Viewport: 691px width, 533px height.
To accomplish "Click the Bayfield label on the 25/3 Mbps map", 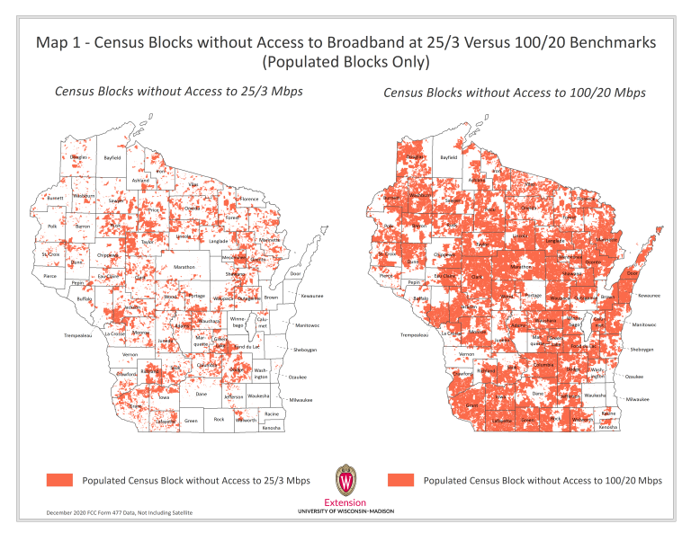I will click(x=112, y=157).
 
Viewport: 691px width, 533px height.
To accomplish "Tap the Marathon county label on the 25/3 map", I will click(x=184, y=267).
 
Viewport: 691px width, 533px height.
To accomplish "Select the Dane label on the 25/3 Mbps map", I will click(x=202, y=394).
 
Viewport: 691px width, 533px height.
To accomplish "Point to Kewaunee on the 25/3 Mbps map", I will click(x=311, y=296).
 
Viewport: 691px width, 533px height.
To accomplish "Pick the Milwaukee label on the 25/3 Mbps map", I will click(x=300, y=399).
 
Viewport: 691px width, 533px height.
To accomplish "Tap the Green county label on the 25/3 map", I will click(x=191, y=421).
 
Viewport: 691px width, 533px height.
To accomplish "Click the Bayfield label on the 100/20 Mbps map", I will click(x=448, y=157).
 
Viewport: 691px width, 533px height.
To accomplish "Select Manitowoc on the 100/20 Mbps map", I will click(x=646, y=324).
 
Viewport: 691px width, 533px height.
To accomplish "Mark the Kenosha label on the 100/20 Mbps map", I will click(x=609, y=427).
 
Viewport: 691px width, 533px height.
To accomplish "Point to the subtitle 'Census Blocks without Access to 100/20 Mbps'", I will click(x=514, y=93).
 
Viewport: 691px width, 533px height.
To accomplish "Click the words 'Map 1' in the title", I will click(x=61, y=42).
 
